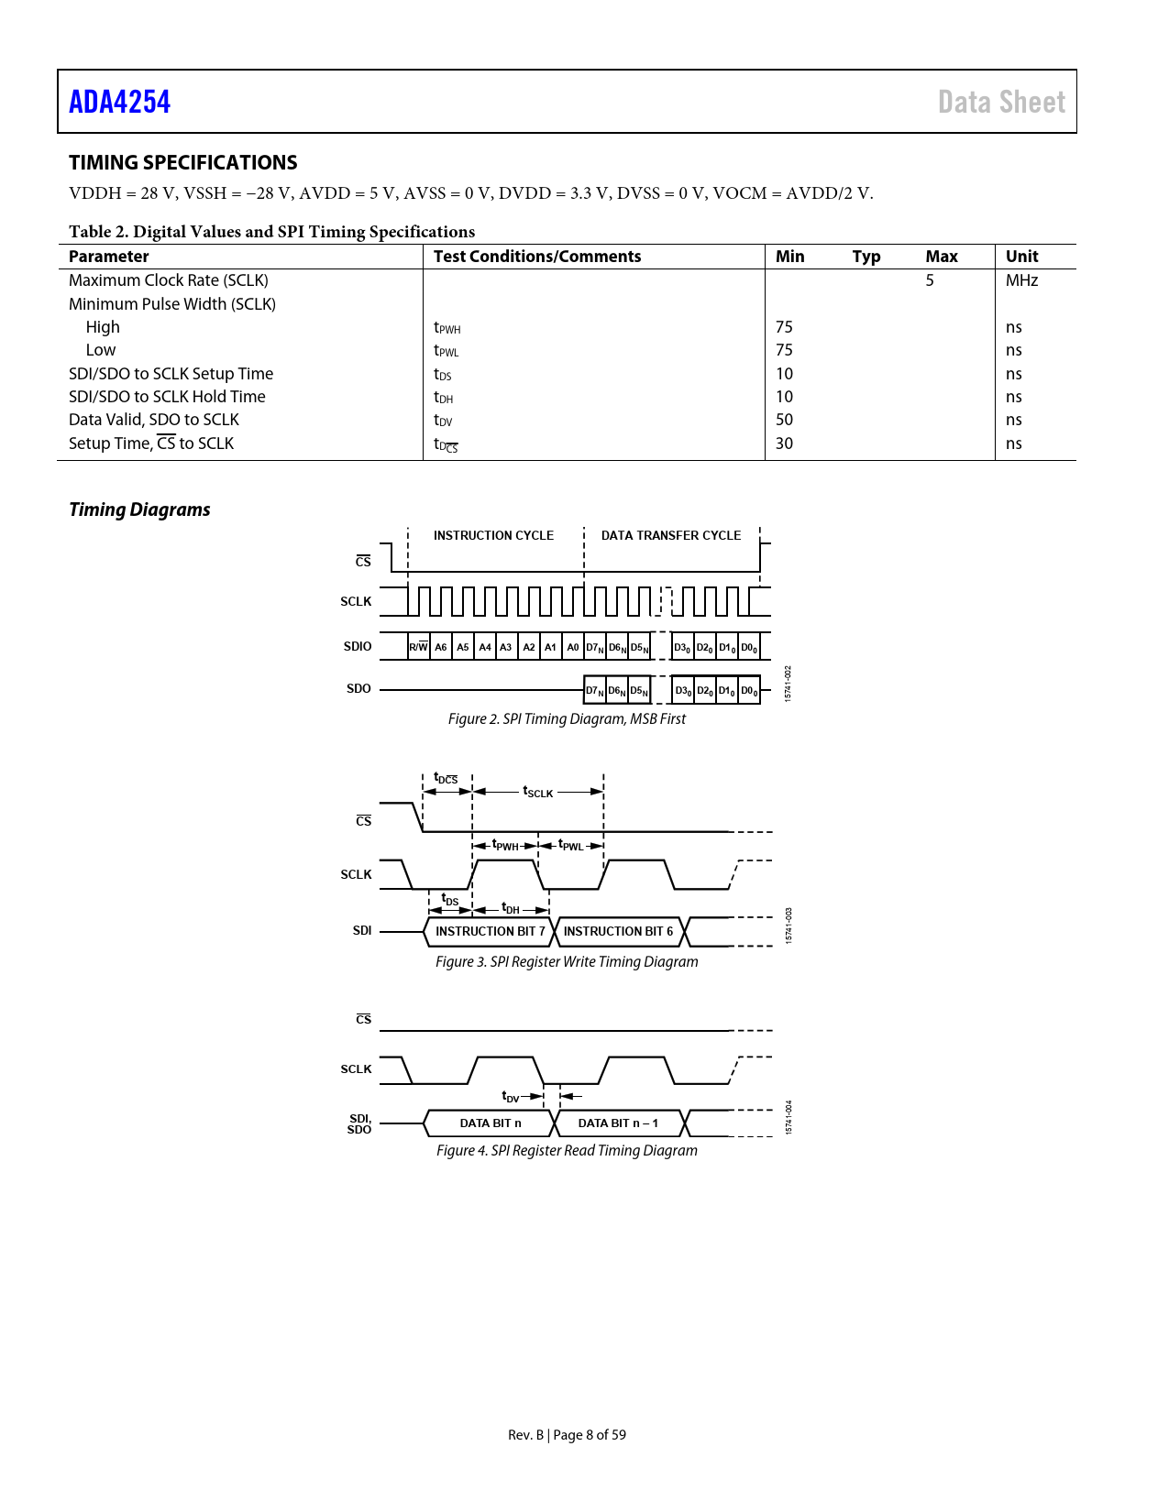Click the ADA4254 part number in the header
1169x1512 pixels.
coord(119,102)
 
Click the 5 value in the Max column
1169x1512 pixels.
coord(930,280)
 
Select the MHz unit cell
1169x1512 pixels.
coord(1021,280)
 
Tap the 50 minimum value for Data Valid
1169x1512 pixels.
coord(784,420)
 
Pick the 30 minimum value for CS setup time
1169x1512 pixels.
coord(784,444)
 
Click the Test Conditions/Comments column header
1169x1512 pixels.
coord(536,257)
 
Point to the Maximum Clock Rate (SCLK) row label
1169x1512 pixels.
coord(169,280)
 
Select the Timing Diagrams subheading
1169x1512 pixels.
coord(139,509)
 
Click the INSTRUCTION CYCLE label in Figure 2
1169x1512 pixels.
coord(493,535)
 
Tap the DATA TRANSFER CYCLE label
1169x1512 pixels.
coord(670,535)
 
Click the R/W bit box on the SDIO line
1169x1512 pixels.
coord(418,647)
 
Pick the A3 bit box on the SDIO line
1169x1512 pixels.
coord(506,647)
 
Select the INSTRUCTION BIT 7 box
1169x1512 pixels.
coord(490,931)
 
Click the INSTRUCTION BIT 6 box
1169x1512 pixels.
coord(618,931)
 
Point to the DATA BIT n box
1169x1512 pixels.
coord(490,1123)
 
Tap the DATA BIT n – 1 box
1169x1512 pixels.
coord(618,1123)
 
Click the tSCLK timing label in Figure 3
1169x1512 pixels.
coord(538,792)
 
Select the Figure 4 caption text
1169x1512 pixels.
coord(567,1151)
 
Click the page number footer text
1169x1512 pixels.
coord(567,1435)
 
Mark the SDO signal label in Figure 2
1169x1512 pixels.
coord(358,689)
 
